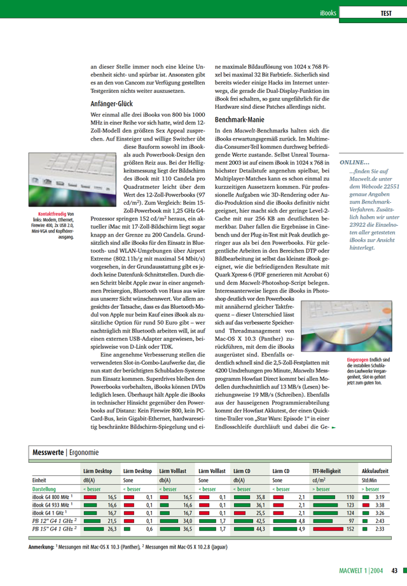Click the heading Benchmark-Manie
point(240,119)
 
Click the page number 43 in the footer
point(395,570)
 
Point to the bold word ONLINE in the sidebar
point(354,162)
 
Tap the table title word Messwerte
point(48,452)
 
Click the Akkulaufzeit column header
point(375,471)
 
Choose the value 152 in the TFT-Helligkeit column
point(349,528)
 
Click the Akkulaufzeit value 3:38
point(379,503)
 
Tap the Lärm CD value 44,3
point(259,528)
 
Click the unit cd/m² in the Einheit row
point(319,480)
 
